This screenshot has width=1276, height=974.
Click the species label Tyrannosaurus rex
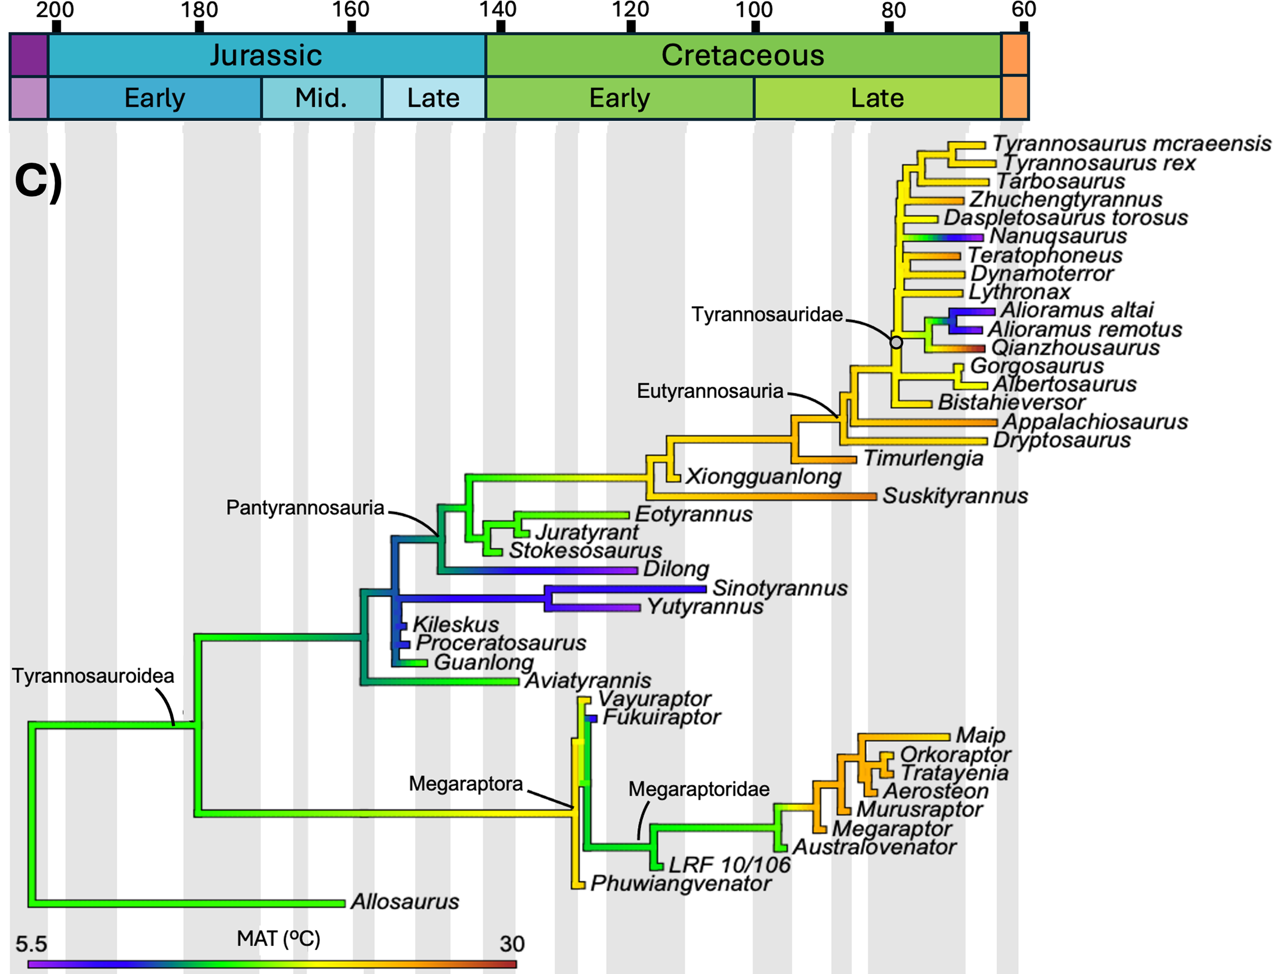(x=1098, y=163)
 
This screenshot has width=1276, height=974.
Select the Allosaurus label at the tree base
(x=405, y=902)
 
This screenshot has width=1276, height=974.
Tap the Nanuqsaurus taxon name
(x=1058, y=236)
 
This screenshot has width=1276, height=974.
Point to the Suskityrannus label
(x=955, y=496)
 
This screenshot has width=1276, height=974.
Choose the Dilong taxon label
(x=676, y=569)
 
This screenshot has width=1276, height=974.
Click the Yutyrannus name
(x=705, y=607)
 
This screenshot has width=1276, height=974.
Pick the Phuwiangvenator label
(x=681, y=884)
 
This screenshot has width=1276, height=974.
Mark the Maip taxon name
(x=980, y=735)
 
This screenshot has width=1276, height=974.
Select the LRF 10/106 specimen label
(x=729, y=865)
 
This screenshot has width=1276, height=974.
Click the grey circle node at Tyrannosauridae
(x=896, y=342)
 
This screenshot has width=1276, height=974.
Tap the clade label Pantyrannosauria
(x=305, y=508)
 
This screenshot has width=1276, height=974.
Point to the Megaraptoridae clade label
(x=699, y=789)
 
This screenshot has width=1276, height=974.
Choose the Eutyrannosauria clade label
(x=709, y=391)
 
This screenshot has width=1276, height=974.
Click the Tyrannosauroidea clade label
(x=93, y=676)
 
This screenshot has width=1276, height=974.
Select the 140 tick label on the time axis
(x=498, y=10)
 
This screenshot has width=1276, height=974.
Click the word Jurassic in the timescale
(x=266, y=55)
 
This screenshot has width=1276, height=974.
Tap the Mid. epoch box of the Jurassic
(x=321, y=98)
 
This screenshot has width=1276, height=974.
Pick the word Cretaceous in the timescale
(x=743, y=55)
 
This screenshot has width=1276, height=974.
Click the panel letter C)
(x=38, y=181)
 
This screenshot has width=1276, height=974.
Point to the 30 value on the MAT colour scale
(x=512, y=944)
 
